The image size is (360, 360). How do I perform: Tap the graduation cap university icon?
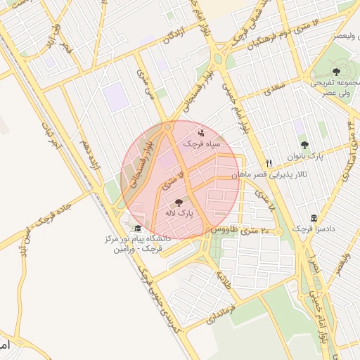(x=138, y=229)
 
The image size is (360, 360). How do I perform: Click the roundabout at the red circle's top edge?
(x=167, y=128)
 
